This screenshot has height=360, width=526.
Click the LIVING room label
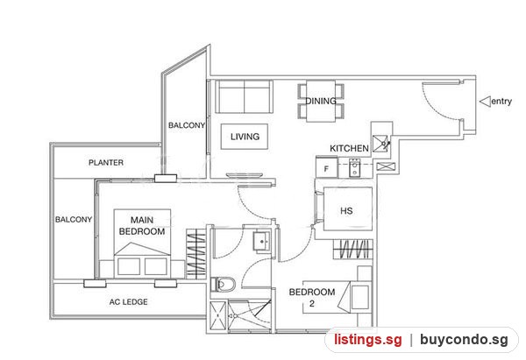point(245,137)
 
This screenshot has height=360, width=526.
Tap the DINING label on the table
point(321,101)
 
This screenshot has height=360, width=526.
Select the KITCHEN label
point(349,148)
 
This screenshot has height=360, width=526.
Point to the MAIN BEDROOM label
point(142,226)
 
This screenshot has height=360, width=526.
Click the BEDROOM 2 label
point(312,298)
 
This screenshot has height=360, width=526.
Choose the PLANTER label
point(106,163)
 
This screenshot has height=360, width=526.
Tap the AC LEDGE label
point(129,302)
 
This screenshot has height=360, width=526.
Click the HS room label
point(346,211)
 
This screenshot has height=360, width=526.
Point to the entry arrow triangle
point(485,102)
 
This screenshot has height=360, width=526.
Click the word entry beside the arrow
point(501,101)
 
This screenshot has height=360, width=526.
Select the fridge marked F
point(326,167)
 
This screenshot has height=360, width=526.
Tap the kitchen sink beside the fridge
point(354,167)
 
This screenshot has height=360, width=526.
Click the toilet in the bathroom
point(223,285)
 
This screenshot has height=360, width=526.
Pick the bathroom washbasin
point(262,241)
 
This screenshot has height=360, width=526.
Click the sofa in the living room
point(244,96)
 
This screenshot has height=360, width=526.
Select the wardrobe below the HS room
point(353,249)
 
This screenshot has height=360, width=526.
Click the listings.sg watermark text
point(368,340)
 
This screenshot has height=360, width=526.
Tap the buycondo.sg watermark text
point(465,340)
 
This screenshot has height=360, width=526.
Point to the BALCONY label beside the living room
point(187,125)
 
